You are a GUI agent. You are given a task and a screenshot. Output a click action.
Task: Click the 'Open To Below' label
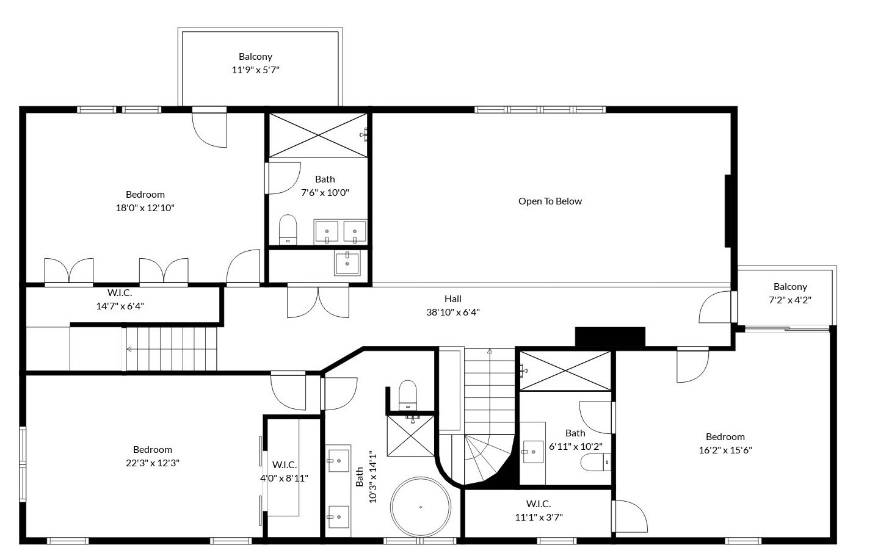pos(550,201)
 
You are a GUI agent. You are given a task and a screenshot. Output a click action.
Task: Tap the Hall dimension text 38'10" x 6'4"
pos(452,312)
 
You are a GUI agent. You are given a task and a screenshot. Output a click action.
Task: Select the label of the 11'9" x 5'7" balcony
pos(255,57)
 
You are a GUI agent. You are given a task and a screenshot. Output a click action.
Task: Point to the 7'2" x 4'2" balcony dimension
pos(789,300)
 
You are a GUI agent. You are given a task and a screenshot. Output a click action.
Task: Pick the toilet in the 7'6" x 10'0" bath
pos(288,229)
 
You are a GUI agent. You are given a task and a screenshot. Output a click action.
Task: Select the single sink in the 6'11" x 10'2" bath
pos(533,452)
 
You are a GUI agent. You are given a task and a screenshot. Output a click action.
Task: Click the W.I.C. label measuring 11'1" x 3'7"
pos(538,504)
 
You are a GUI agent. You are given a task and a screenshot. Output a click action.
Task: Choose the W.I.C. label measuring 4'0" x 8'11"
pos(285,464)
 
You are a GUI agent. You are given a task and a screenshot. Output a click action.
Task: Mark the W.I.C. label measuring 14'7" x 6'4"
pos(120,293)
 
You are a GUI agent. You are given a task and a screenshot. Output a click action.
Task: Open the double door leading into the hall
pos(318,301)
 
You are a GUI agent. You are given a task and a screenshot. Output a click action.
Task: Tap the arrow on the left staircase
pos(129,349)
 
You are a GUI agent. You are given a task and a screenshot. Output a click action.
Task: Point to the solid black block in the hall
pos(610,337)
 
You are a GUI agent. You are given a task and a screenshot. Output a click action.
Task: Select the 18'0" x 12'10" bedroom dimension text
pos(145,208)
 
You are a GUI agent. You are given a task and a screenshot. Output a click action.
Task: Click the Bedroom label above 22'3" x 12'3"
pos(153,450)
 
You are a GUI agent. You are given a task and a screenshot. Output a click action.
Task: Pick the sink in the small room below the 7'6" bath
pos(347,263)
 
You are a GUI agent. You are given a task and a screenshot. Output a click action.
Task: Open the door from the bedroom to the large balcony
pos(209,128)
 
